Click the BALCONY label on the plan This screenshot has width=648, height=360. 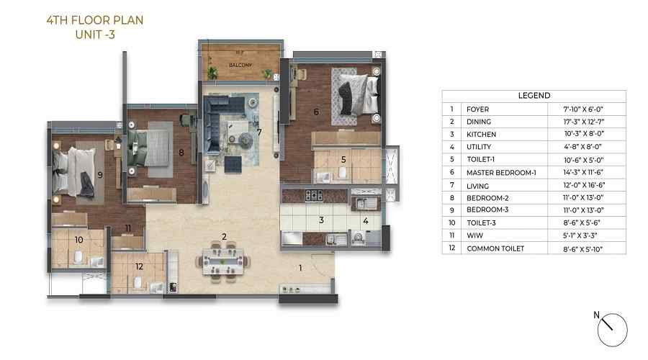point(240,64)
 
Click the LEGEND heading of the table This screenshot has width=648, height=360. point(534,95)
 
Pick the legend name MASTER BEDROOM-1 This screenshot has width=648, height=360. point(497,172)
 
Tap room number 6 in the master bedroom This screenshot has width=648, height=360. point(316,112)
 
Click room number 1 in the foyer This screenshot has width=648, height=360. point(301,269)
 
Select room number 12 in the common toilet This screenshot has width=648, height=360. point(139,266)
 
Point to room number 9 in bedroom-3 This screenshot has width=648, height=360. point(100,174)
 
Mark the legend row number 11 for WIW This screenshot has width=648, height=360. point(451,235)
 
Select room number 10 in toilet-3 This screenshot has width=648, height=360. point(78,239)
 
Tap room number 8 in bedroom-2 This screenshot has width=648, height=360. point(181,152)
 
